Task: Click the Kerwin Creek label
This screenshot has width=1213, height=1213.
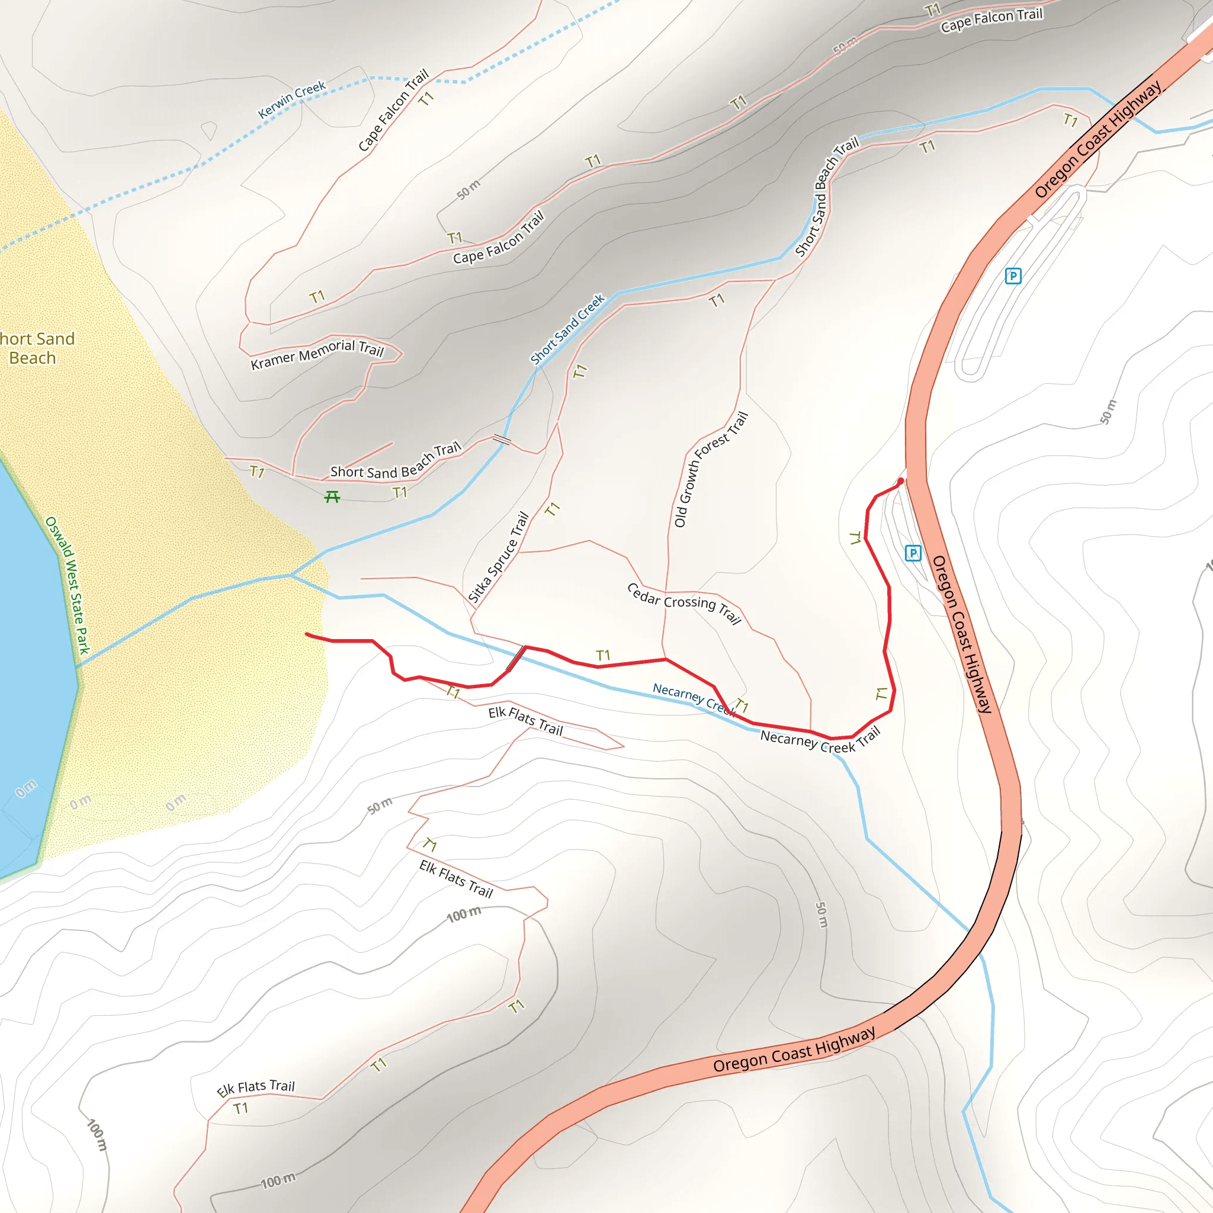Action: tap(291, 99)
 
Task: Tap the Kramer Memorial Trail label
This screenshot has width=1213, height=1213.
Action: tap(317, 355)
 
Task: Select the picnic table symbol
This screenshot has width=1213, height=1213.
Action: tap(332, 498)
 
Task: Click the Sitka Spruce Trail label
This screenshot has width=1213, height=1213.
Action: tap(499, 557)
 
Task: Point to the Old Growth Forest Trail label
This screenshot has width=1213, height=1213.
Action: tap(711, 469)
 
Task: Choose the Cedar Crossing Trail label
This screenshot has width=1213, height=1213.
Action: tap(684, 603)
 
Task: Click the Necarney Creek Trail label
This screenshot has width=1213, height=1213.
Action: tap(820, 741)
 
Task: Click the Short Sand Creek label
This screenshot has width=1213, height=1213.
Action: tap(567, 329)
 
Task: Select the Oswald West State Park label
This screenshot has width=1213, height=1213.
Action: tap(68, 585)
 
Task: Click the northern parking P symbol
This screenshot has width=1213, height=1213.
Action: tap(1013, 275)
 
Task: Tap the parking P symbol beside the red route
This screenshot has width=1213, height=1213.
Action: tap(913, 553)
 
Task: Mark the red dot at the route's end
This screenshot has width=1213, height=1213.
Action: tap(901, 482)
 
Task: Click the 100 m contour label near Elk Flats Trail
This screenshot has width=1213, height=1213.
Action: tap(464, 914)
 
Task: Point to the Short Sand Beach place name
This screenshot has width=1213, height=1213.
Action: tap(34, 348)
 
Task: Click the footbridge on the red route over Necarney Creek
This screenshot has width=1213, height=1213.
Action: tap(516, 658)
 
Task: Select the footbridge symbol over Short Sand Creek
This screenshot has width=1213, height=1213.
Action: tap(502, 439)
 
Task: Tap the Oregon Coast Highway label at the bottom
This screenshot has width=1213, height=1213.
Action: tap(794, 1050)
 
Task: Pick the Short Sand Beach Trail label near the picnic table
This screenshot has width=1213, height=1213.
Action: tap(396, 461)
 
